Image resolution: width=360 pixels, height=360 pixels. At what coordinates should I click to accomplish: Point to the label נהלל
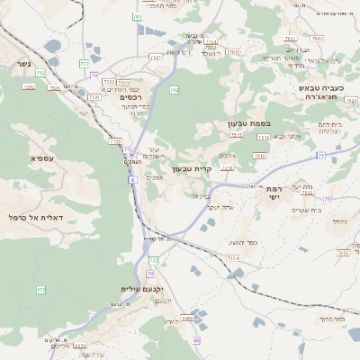pyautogui.click(x=338, y=220)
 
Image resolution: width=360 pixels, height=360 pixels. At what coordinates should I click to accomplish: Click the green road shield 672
pyautogui.click(x=40, y=289)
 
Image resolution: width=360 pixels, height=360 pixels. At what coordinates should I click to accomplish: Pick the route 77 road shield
pyautogui.click(x=320, y=156)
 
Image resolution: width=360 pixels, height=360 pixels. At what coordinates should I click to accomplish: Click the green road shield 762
pyautogui.click(x=174, y=90)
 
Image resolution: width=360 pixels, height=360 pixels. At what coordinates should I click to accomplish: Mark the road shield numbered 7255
pyautogui.click(x=342, y=253)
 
